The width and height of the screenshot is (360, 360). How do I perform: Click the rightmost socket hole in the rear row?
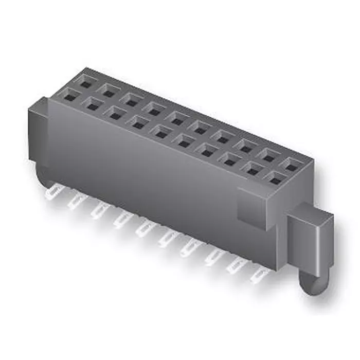(292, 166)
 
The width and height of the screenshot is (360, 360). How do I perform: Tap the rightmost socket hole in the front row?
(276, 179)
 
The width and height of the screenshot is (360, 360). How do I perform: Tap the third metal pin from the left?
(97, 211)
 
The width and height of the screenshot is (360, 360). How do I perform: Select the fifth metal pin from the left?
(142, 230)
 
